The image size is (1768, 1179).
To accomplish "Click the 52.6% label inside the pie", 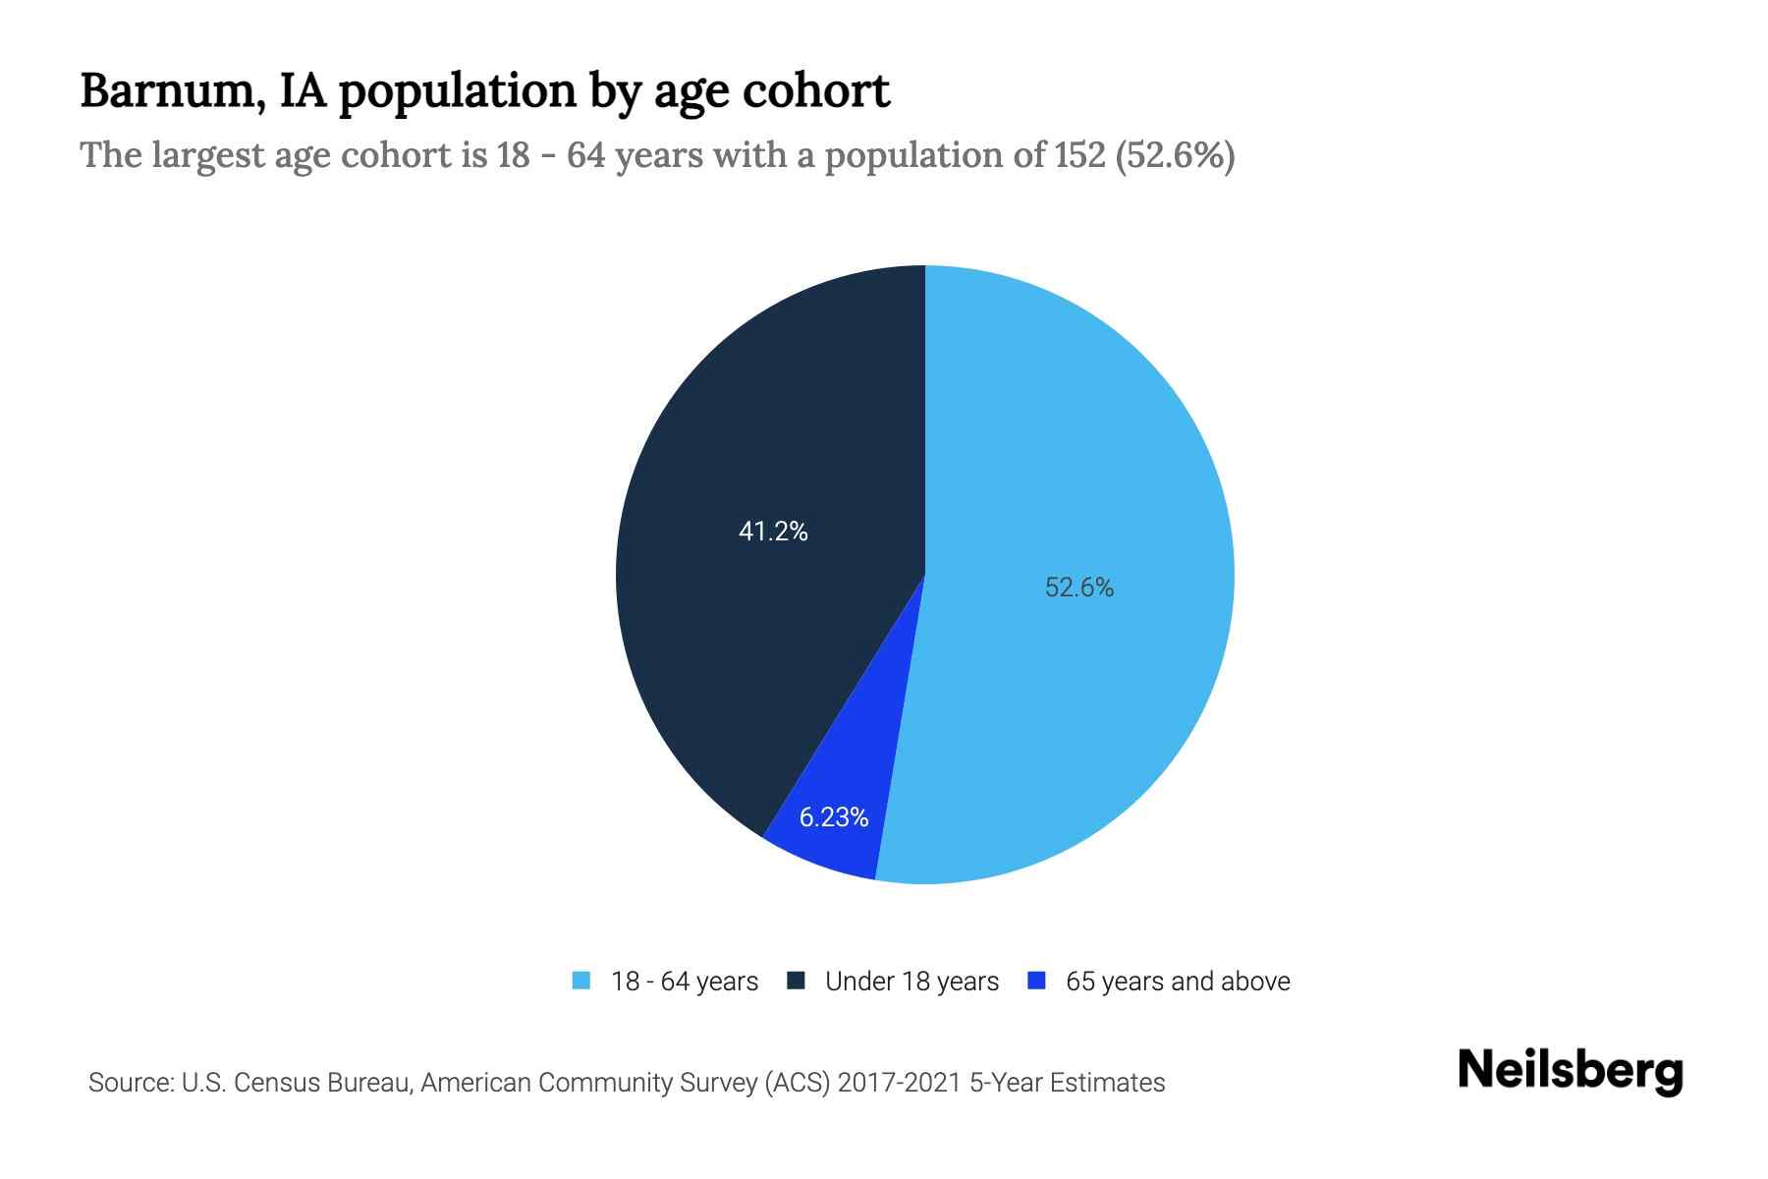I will [1078, 588].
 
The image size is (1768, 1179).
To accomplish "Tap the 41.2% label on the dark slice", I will [773, 532].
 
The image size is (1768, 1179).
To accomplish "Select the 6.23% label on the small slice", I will [833, 817].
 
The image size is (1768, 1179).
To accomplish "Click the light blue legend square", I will [581, 981].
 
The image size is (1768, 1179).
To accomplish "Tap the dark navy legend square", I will [796, 981].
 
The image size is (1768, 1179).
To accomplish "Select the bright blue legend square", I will [1036, 981].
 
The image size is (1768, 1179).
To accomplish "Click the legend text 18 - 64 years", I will [685, 982].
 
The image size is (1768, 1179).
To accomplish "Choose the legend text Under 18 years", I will [912, 982].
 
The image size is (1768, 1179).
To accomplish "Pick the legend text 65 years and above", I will [1178, 982].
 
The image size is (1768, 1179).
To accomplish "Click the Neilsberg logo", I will [1570, 1070].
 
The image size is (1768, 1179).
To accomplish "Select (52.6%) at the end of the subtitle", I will [1176, 155].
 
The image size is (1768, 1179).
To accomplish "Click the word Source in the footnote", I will [128, 1083].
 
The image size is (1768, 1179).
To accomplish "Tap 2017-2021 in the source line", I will [900, 1083].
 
